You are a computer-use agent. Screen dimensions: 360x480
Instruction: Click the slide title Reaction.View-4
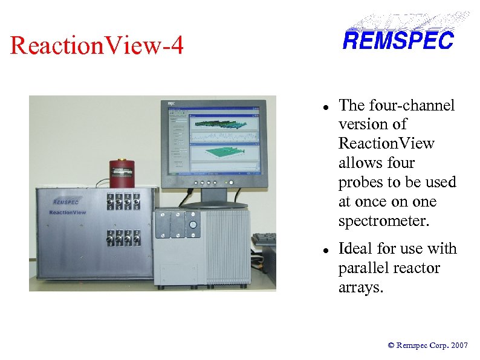pyautogui.click(x=97, y=46)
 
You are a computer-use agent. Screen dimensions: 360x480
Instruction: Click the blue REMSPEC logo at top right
pyautogui.click(x=398, y=40)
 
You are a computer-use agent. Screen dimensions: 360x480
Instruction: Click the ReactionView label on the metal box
pyautogui.click(x=68, y=213)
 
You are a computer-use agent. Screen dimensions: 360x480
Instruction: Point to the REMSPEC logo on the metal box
pyautogui.click(x=66, y=202)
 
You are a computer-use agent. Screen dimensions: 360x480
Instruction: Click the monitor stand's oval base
pyautogui.click(x=215, y=205)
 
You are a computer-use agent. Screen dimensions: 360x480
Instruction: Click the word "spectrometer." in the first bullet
pyautogui.click(x=384, y=221)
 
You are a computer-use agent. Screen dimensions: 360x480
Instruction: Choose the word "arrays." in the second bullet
pyautogui.click(x=361, y=288)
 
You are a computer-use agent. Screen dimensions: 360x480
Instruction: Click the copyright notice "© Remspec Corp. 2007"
pyautogui.click(x=427, y=346)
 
